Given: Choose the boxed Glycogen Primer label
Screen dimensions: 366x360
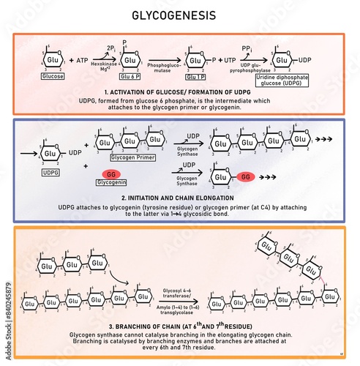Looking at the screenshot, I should click(130, 157).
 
